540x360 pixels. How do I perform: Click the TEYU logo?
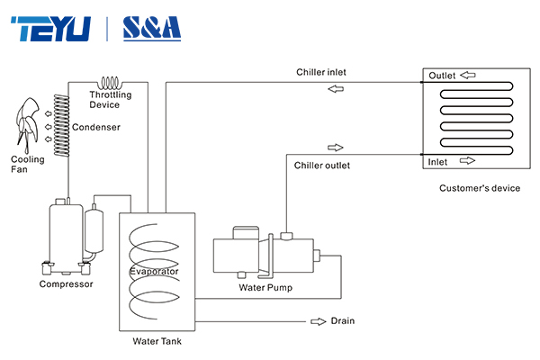tap(52, 27)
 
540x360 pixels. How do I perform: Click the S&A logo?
tap(150, 27)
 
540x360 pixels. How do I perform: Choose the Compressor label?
tap(66, 284)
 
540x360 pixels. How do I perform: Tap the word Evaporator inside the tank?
tap(154, 271)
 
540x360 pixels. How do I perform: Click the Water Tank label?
tap(157, 341)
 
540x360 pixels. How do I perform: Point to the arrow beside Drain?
tap(318, 320)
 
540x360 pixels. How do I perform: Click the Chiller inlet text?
tap(322, 72)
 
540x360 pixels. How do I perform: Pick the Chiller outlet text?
tap(322, 166)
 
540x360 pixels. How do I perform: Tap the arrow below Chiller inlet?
tap(335, 89)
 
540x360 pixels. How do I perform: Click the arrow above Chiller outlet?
tap(335, 148)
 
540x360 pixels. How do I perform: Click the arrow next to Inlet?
tap(466, 161)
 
